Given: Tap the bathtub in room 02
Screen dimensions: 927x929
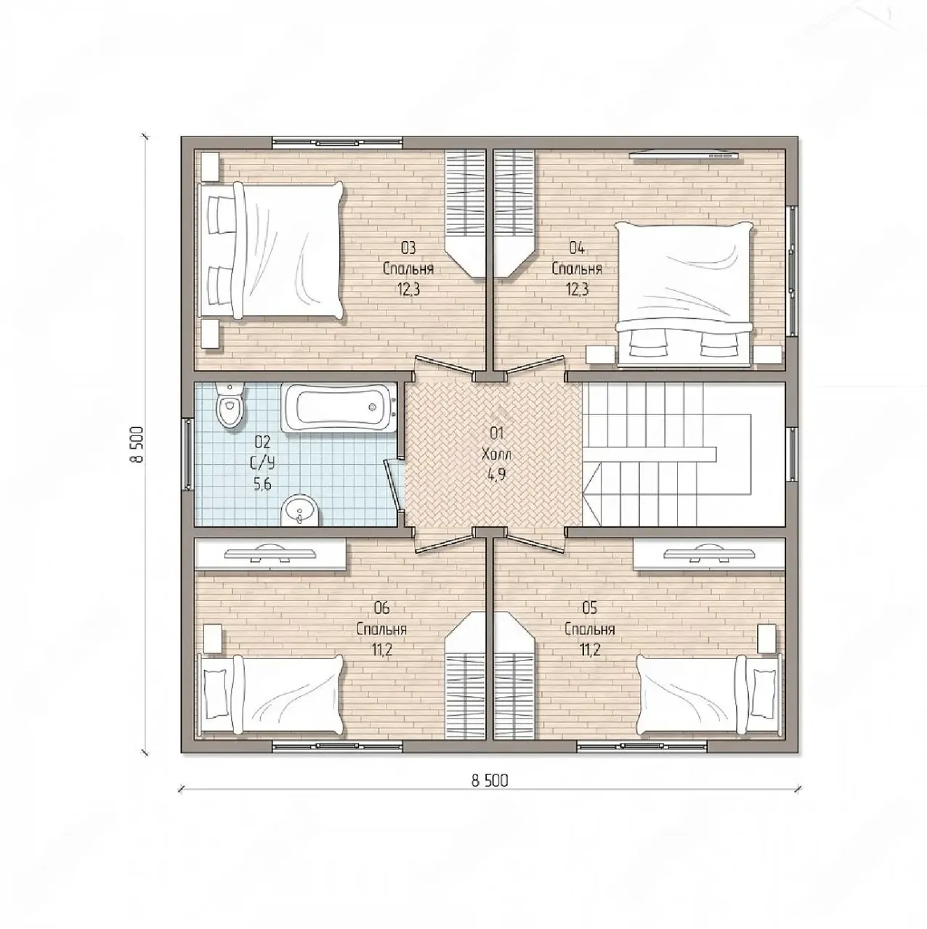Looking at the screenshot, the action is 339,408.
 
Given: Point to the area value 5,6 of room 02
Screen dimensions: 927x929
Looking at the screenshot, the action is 262,483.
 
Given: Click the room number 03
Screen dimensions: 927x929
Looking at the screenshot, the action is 408,248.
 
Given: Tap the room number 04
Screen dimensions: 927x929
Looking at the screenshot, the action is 577,248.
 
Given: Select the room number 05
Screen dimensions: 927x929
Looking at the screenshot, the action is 590,608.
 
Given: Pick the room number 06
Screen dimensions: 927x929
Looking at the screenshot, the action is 381,608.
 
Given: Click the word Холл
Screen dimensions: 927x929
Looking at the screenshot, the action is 496,454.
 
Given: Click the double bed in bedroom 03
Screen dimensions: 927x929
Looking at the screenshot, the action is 273,250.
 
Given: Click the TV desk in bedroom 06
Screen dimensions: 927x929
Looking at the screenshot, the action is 270,554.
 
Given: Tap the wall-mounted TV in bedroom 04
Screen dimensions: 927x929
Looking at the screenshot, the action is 684,155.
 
